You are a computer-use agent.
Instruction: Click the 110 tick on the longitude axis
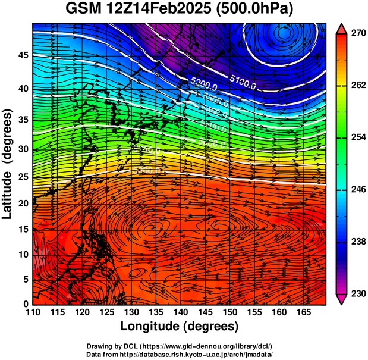click(x=33, y=312)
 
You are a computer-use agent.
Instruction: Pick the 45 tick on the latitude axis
click(x=22, y=55)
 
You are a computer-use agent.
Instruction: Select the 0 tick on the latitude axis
click(x=26, y=304)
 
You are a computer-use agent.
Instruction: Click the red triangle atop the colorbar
click(x=341, y=29)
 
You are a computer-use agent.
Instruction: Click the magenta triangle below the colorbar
click(x=341, y=299)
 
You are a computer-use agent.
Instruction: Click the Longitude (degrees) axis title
click(x=180, y=326)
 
